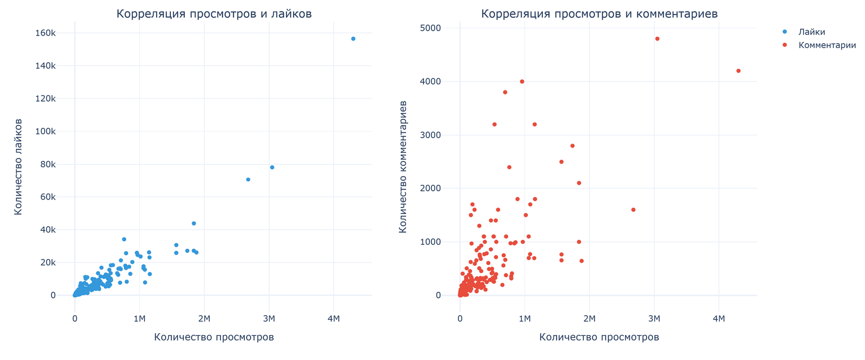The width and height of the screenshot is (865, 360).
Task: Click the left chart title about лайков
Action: coord(214,14)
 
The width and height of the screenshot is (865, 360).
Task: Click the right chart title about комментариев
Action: coord(599,14)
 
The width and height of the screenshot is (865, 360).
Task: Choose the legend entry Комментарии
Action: coord(827,45)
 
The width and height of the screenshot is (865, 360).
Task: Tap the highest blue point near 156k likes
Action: coord(353,39)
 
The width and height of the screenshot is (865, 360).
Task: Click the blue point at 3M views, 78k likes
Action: coord(272,168)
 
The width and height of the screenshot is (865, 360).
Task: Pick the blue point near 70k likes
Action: coord(248,179)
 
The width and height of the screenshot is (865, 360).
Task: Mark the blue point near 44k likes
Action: coord(194,223)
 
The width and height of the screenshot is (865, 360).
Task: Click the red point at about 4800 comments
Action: coord(657,39)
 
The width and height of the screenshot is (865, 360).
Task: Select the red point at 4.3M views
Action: coord(738,71)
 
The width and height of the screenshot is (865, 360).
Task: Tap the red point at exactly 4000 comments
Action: coord(522,82)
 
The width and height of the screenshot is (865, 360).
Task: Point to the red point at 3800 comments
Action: coord(505,92)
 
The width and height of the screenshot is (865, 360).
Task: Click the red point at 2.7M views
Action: coord(633,210)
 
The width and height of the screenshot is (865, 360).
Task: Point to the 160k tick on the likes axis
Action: coord(45,34)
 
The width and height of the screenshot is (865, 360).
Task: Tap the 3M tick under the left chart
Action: coord(269,319)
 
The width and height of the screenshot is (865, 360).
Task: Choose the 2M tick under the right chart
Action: coord(589,319)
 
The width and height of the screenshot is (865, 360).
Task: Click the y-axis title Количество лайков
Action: coord(18,166)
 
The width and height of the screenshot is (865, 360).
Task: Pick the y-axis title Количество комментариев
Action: coord(403,166)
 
